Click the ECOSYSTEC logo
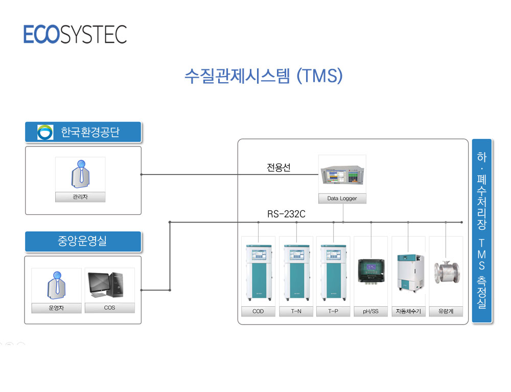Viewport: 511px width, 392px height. pyautogui.click(x=75, y=34)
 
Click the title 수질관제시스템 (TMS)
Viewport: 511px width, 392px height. pyautogui.click(x=264, y=76)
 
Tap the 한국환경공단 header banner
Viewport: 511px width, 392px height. pyautogui.click(x=83, y=132)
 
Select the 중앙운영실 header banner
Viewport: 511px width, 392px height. pyautogui.click(x=83, y=241)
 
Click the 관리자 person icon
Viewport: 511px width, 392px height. pyautogui.click(x=81, y=174)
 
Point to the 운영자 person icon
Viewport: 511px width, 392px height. pyautogui.click(x=57, y=285)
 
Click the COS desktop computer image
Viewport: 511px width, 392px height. pyautogui.click(x=106, y=285)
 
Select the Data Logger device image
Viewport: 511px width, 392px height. pyautogui.click(x=342, y=175)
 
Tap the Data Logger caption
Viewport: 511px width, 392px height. pyautogui.click(x=342, y=198)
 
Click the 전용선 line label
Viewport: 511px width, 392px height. pyautogui.click(x=278, y=167)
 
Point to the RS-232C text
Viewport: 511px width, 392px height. pyautogui.click(x=287, y=214)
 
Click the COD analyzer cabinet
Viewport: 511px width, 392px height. pyautogui.click(x=259, y=273)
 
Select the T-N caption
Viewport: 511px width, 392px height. pyautogui.click(x=296, y=311)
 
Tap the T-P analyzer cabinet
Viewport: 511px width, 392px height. pyautogui.click(x=333, y=273)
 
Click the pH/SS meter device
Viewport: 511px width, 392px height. pyautogui.click(x=371, y=272)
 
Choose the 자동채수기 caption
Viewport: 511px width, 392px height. pyautogui.click(x=408, y=311)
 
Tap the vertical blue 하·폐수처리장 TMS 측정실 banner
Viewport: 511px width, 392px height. pyautogui.click(x=482, y=231)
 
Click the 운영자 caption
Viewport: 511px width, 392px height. pyautogui.click(x=56, y=308)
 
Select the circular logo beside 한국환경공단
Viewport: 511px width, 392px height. pyautogui.click(x=45, y=132)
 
